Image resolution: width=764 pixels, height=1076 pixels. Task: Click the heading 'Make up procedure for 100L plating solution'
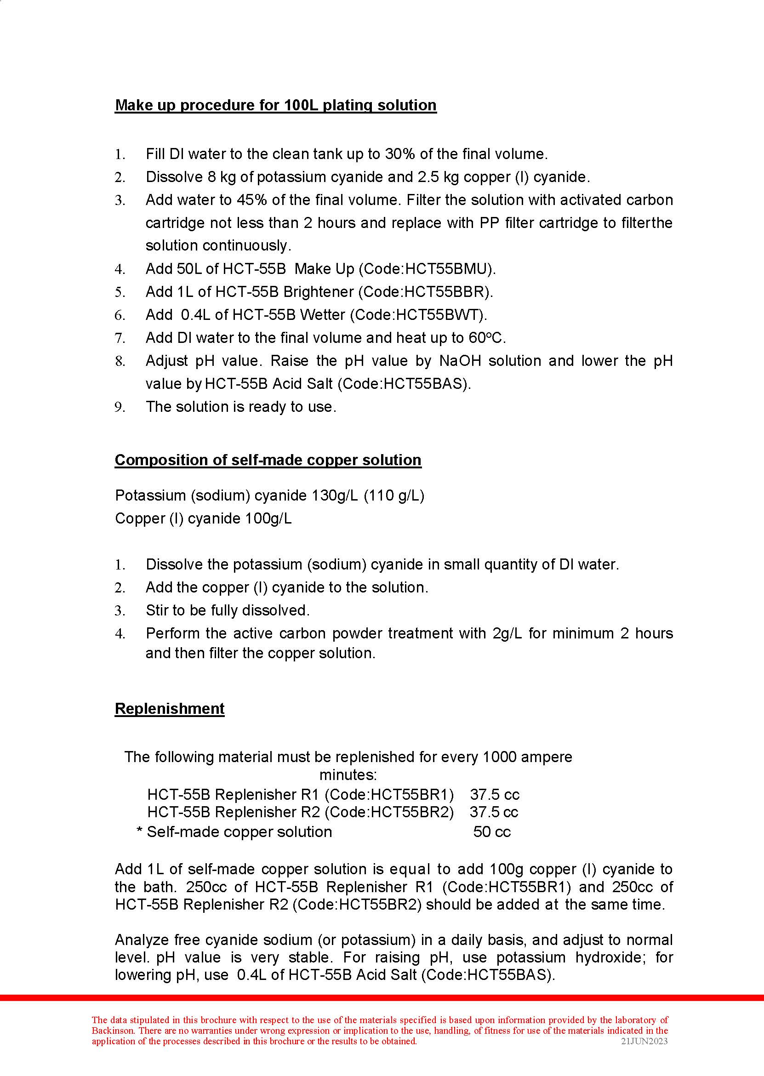click(x=276, y=105)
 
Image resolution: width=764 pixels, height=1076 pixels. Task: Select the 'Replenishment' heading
click(x=169, y=708)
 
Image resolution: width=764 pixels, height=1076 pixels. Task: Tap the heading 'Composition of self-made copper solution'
click(x=268, y=460)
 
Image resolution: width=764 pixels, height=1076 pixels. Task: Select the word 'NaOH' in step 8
click(x=460, y=361)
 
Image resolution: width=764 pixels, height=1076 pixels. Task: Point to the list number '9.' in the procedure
click(x=120, y=407)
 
